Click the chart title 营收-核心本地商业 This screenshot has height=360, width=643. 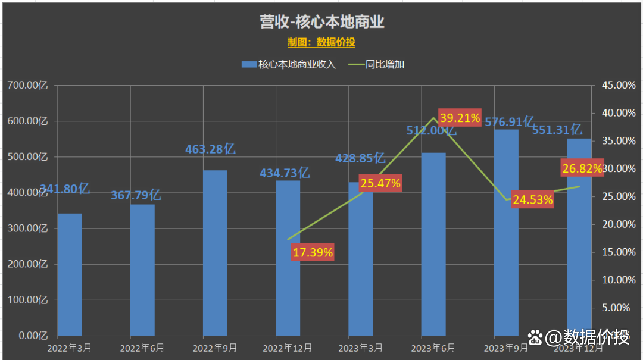tap(321, 22)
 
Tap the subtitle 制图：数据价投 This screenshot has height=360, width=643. tap(321, 42)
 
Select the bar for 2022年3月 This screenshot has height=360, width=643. tap(70, 274)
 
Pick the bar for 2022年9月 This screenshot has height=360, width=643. tap(215, 253)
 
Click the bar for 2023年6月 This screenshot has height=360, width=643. tap(433, 244)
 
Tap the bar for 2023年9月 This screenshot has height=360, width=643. tap(506, 232)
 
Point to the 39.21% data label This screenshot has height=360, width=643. tap(460, 118)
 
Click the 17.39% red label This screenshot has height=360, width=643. tap(313, 252)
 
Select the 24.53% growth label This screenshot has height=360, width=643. tap(533, 200)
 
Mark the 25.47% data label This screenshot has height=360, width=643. tap(380, 183)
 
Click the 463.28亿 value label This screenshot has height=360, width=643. tap(210, 149)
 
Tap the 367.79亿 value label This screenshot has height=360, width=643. tap(136, 195)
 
